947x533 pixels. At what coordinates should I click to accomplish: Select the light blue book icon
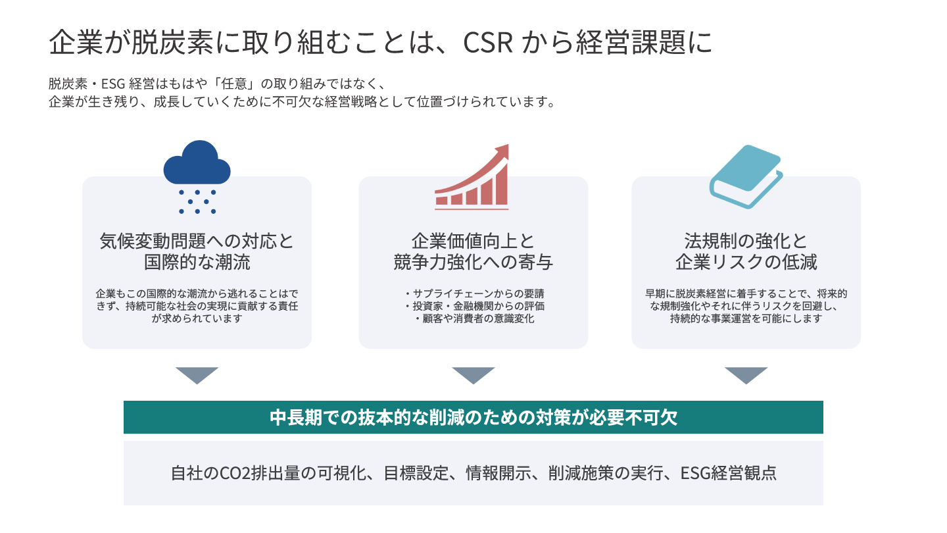[746, 176]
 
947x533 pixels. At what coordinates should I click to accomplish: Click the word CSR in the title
[488, 42]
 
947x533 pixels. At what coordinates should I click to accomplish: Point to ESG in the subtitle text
[113, 84]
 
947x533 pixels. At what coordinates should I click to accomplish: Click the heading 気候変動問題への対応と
[197, 241]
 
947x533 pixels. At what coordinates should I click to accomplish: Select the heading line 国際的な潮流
[197, 262]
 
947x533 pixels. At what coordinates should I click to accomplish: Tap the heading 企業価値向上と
[473, 241]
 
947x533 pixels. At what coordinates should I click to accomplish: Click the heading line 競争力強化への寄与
[473, 262]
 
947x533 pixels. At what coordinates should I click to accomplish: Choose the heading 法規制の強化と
[746, 241]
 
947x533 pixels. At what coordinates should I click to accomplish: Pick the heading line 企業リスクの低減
[746, 262]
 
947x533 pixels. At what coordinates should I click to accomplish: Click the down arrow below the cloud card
[197, 375]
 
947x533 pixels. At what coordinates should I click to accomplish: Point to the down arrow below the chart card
[473, 375]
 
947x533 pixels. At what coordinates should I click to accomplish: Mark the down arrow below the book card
[746, 375]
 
